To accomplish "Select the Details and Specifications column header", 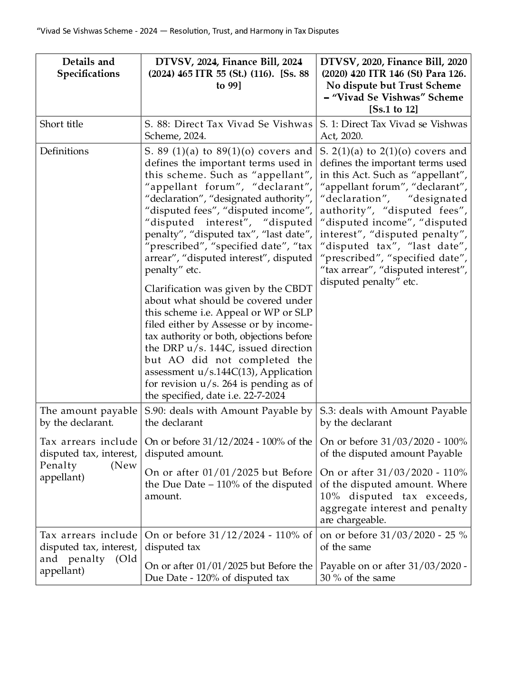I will tap(88, 68).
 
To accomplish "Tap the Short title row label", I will tap(61, 124).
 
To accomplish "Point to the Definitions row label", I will tap(64, 151).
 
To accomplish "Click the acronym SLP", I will tap(304, 313).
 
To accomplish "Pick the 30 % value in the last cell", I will tap(331, 578).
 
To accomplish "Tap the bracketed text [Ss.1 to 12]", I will tap(393, 110).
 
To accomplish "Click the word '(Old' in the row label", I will tap(126, 559).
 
